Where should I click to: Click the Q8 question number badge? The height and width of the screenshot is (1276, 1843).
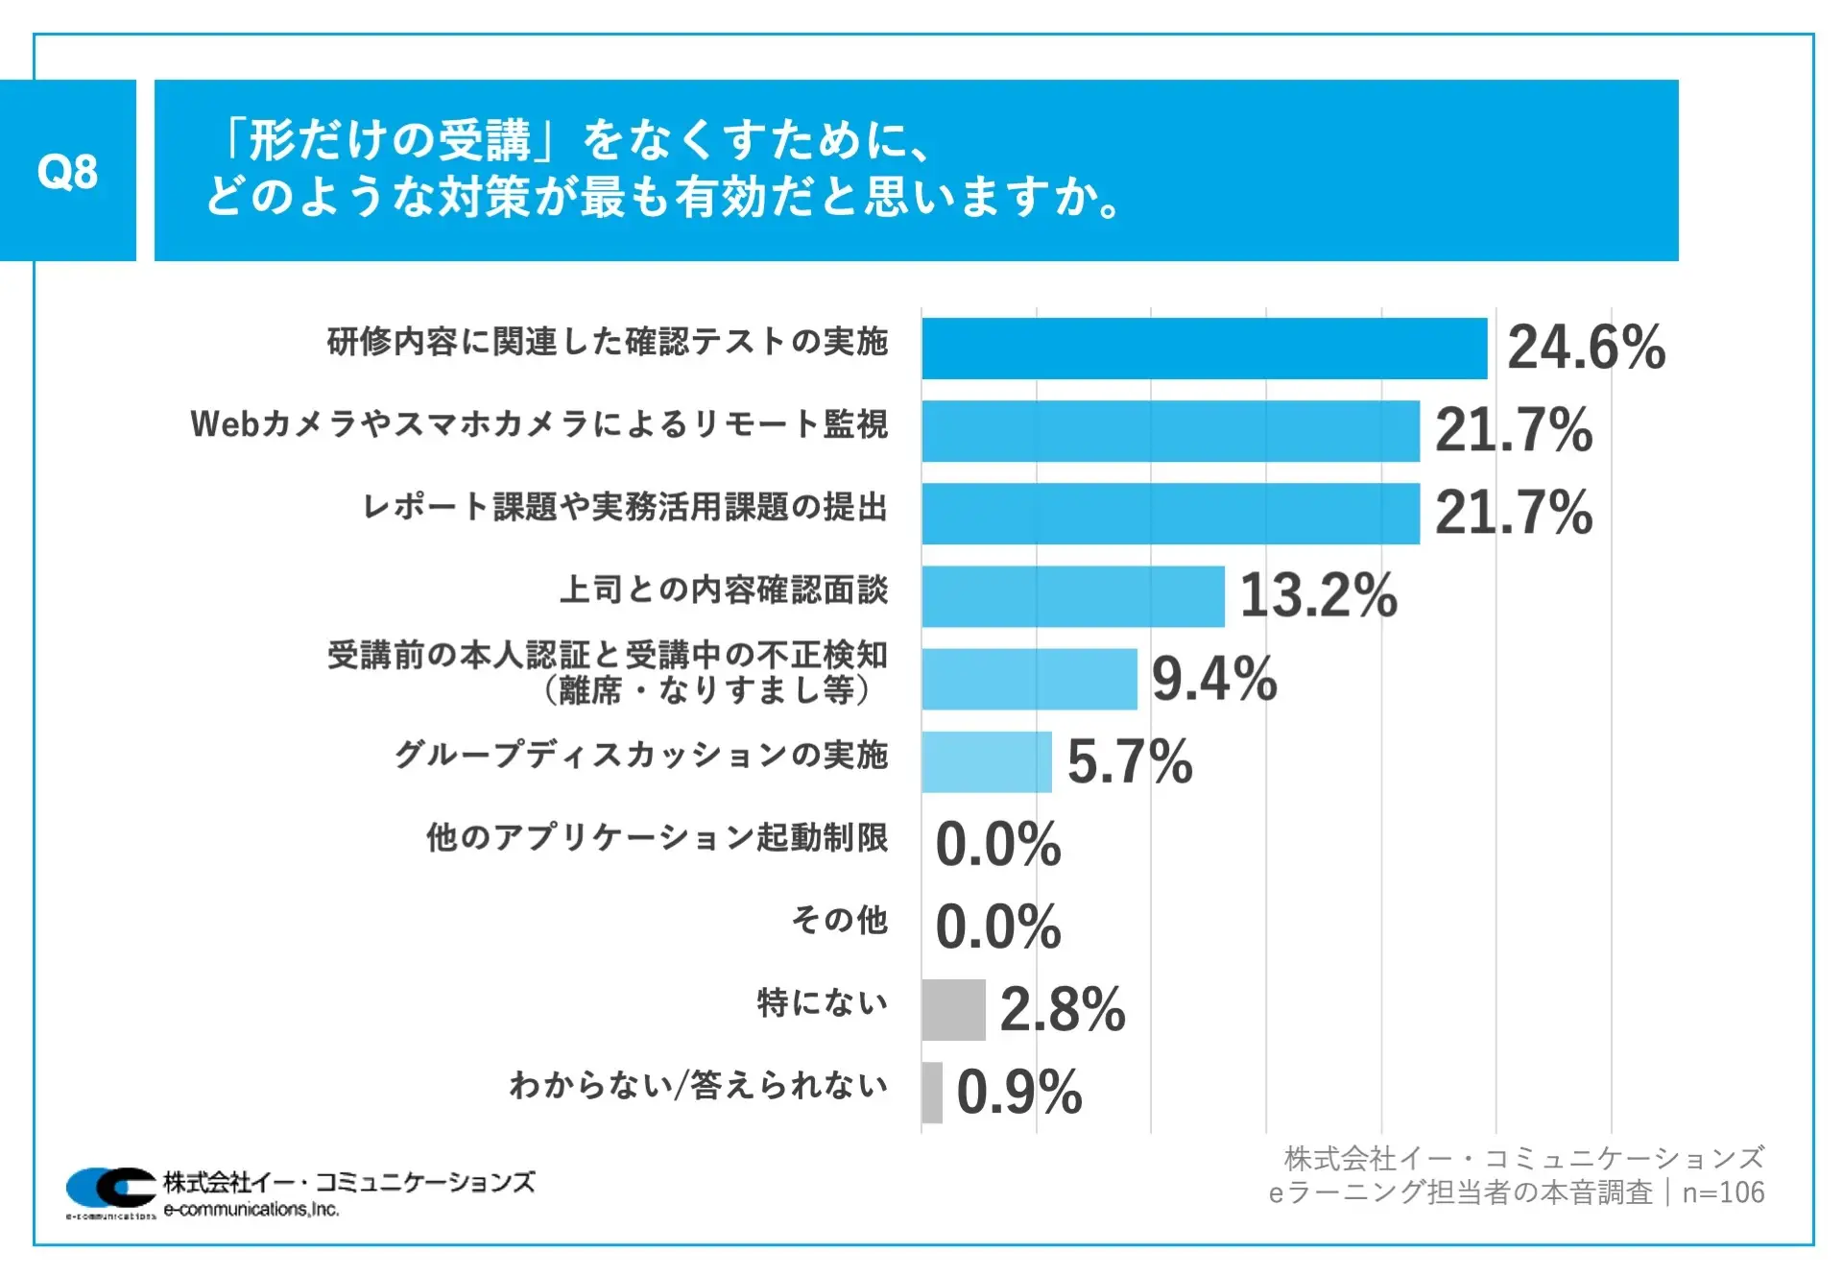[67, 171]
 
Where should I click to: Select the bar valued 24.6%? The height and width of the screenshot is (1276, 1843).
[1204, 349]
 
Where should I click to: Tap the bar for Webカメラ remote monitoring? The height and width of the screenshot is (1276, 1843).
[1170, 431]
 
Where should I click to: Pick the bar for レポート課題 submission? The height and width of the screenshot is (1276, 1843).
[1170, 514]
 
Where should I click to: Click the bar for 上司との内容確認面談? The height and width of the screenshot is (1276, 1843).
[1072, 596]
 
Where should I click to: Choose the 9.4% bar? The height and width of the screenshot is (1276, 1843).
[1029, 679]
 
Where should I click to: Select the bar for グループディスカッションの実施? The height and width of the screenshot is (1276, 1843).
[987, 761]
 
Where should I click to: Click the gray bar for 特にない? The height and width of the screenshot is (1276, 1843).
[953, 1009]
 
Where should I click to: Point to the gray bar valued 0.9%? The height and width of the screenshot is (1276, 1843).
[932, 1092]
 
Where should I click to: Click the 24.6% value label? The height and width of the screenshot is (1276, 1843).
[1586, 348]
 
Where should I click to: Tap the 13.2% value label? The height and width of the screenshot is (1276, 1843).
[1318, 595]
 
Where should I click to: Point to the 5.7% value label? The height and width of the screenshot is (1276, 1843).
[1129, 761]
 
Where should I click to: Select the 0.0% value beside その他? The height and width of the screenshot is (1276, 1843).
[998, 927]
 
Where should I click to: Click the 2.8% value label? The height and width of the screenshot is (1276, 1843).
[1062, 1009]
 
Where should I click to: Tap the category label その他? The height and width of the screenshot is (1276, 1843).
[839, 920]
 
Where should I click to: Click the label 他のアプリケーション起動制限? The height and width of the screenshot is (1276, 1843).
[657, 837]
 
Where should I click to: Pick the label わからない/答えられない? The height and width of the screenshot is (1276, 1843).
[698, 1085]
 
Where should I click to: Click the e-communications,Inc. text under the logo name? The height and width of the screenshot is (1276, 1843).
[251, 1210]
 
